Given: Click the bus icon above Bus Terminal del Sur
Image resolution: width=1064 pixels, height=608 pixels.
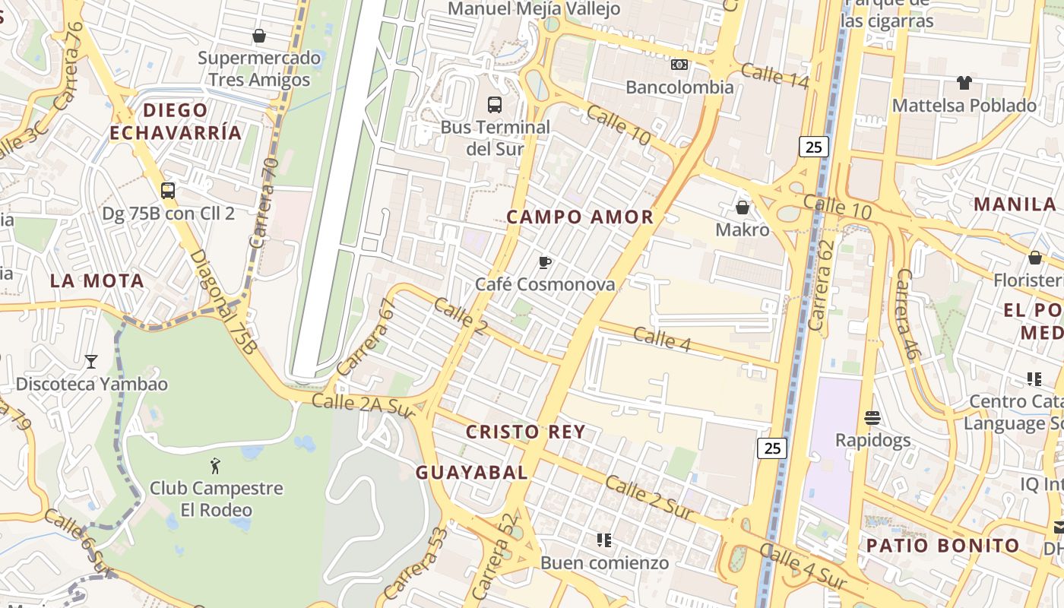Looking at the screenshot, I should (495, 104).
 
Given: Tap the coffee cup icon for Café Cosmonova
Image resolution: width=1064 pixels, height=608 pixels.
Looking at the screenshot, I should (544, 263).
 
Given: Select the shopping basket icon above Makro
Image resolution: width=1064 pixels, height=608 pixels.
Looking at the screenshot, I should (743, 207).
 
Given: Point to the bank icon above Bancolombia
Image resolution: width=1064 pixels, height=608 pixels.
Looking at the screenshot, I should (679, 65).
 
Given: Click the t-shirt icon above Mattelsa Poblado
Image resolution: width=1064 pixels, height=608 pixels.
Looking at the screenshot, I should (964, 83).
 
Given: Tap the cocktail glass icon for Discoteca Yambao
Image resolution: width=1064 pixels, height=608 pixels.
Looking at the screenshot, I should (91, 362).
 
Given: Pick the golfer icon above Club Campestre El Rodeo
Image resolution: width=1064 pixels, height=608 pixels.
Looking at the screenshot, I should (216, 466).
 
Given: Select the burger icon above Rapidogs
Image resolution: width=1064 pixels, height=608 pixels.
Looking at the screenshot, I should (872, 418).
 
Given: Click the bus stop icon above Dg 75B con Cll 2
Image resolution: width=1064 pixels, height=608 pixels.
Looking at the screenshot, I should (168, 191).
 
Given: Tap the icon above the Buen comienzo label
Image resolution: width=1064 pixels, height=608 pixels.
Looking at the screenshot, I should (604, 540).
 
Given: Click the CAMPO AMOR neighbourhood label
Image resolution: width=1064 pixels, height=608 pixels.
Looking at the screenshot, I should (580, 217).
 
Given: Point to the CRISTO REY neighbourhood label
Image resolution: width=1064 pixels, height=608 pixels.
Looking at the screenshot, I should (526, 432).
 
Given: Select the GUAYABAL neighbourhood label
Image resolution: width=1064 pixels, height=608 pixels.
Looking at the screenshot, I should (471, 473).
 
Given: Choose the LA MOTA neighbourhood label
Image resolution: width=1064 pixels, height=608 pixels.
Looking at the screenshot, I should (97, 280).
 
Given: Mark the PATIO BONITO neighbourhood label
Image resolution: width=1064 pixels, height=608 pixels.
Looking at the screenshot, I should (943, 545).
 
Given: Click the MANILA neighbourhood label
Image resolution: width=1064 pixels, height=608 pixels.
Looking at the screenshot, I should (1015, 204).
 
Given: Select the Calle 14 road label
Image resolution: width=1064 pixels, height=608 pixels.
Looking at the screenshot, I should (774, 76).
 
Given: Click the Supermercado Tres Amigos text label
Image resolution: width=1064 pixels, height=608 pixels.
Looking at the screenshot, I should (259, 68).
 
